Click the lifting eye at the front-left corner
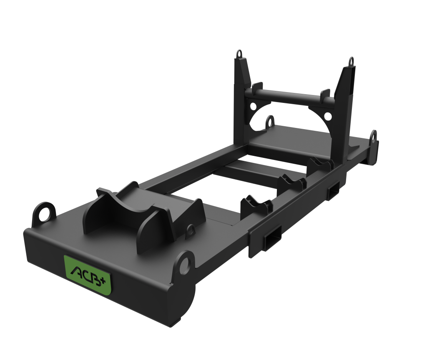coord(44,215)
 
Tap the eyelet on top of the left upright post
coord(239,54)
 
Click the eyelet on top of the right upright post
coord(351,61)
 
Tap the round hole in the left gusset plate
coord(253,105)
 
